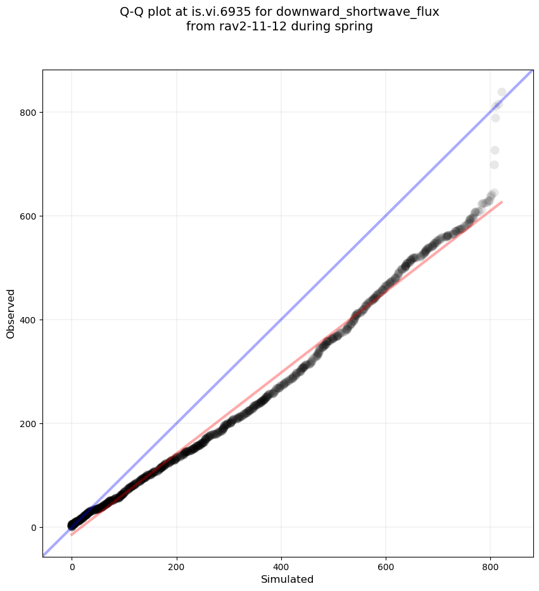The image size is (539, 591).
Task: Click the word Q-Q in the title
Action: tap(133, 11)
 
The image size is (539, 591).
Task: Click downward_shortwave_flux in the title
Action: tap(357, 11)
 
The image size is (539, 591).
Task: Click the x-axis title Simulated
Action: tap(288, 579)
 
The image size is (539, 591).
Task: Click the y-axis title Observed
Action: tap(11, 313)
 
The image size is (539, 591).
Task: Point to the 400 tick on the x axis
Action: tap(281, 567)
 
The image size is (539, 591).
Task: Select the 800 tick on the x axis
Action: tap(490, 567)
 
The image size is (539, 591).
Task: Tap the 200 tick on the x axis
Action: tap(177, 567)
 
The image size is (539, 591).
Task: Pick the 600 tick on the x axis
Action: tap(386, 567)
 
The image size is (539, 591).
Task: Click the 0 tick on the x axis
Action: tap(72, 567)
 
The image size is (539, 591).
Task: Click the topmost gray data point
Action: tap(502, 92)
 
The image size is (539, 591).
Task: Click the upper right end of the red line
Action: tap(502, 202)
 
